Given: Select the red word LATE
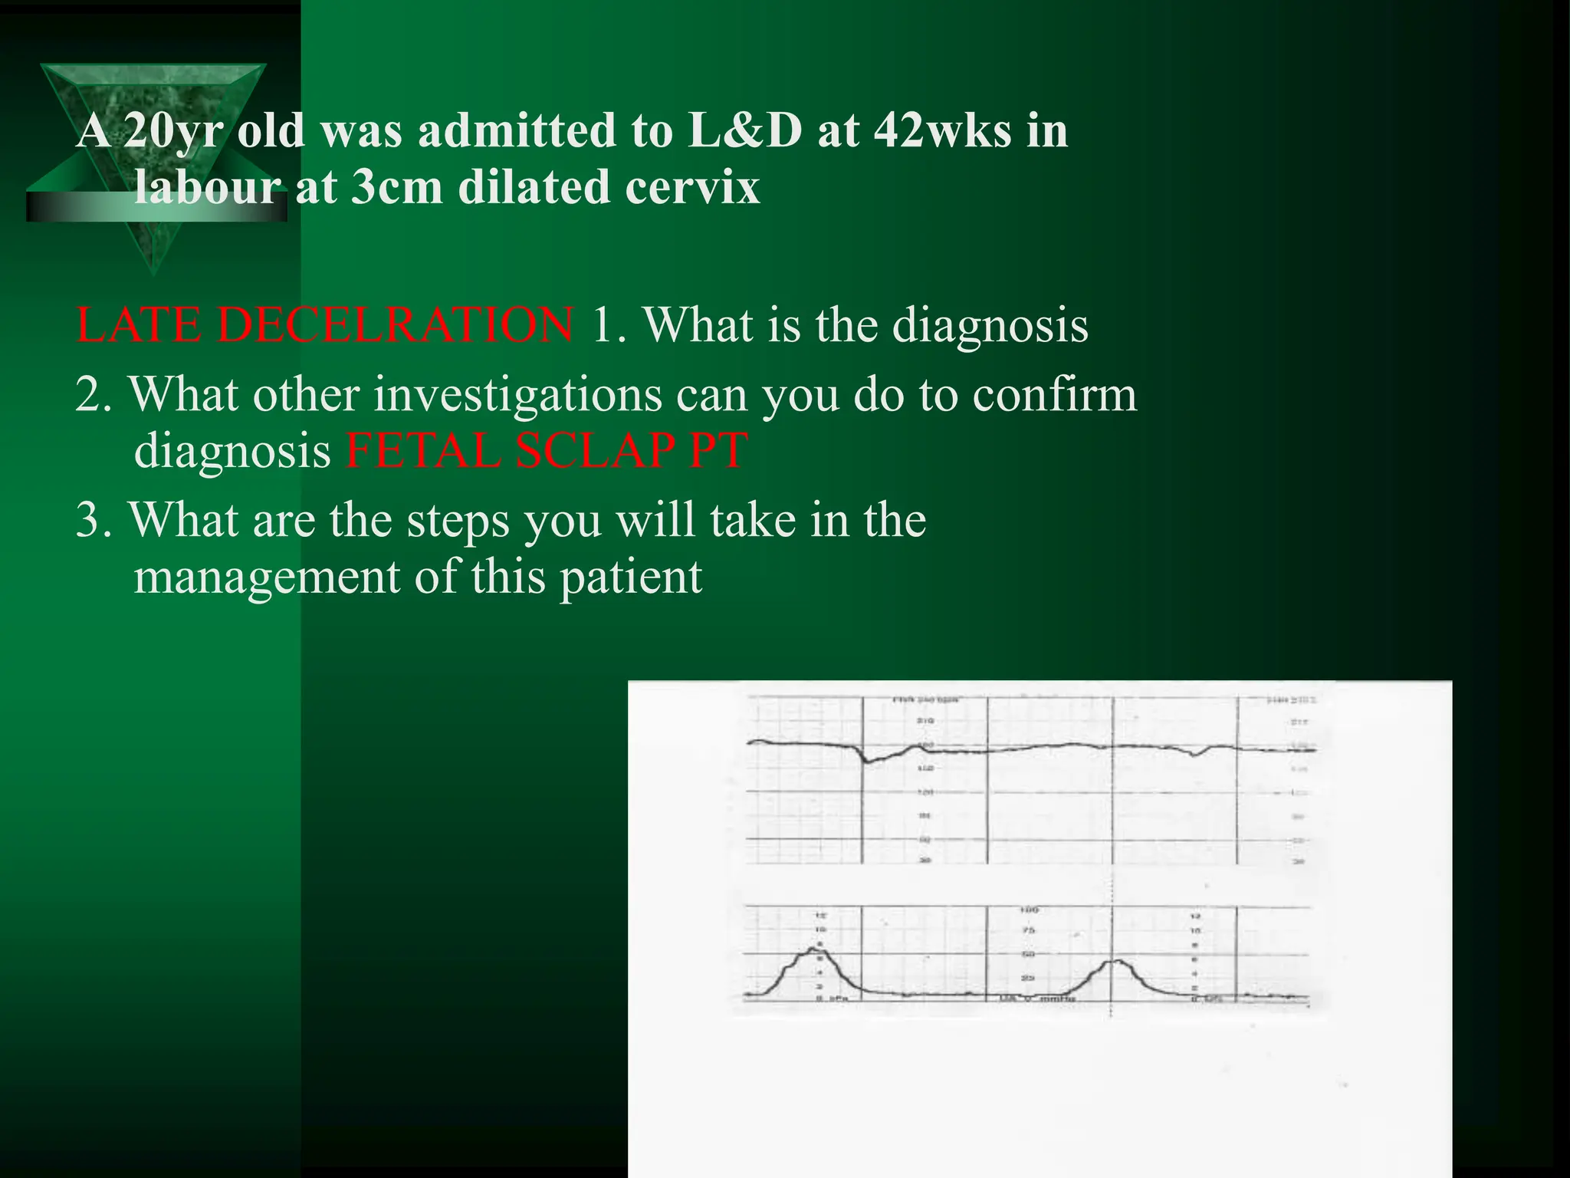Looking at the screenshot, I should [x=138, y=325].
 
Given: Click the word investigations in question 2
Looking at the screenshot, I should [x=517, y=396].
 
